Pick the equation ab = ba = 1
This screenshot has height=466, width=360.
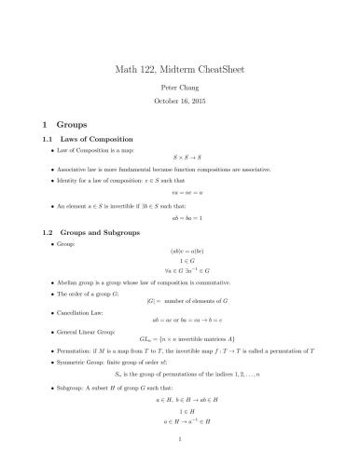click(x=180, y=216)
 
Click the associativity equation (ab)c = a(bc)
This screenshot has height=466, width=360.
click(x=180, y=252)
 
